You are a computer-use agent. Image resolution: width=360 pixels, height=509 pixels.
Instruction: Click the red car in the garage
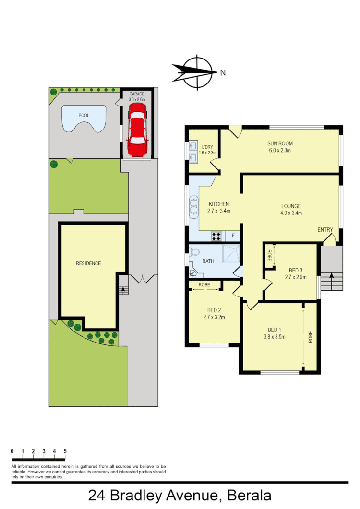point(137,130)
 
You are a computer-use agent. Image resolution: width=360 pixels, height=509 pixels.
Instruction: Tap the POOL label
point(84,116)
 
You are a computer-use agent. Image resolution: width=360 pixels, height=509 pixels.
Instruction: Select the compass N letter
point(223,73)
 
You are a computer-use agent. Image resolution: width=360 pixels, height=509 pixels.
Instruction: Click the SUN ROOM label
point(280,143)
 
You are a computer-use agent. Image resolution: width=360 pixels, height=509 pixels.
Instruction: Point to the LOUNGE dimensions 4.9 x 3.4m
point(291,213)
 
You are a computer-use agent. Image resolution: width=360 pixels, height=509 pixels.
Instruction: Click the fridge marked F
point(233,236)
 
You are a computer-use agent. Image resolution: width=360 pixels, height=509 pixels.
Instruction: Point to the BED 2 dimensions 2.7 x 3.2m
point(215,317)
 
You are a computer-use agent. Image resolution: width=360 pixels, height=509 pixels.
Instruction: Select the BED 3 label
point(296,270)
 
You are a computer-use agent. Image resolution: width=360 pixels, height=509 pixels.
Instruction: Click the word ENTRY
point(325,230)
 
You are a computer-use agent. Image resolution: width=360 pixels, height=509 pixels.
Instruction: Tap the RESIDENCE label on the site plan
point(88,263)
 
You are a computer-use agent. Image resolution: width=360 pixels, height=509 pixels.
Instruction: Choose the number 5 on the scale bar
point(65,451)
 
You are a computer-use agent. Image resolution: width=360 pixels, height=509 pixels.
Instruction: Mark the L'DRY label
point(207,146)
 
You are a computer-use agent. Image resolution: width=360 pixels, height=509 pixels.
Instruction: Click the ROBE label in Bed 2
point(204,284)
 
